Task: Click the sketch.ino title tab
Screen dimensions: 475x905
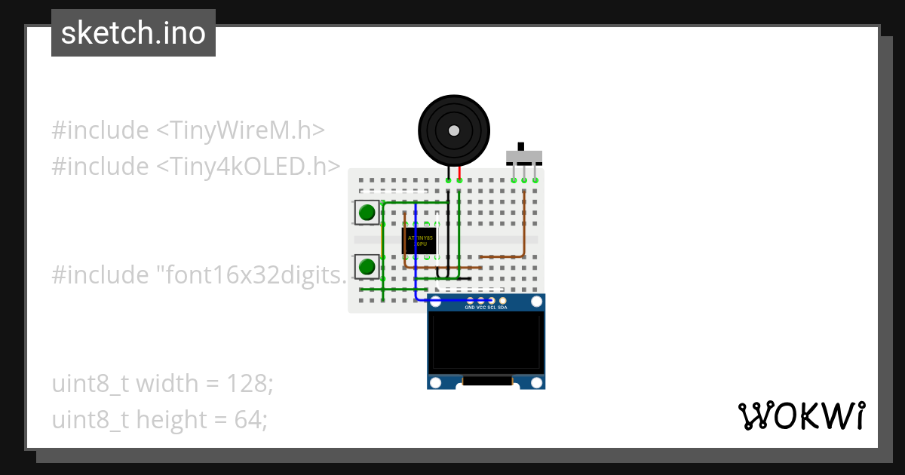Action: click(133, 33)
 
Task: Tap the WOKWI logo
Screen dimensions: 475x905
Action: click(801, 415)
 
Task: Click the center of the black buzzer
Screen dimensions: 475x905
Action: click(453, 130)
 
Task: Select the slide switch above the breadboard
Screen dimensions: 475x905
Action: click(523, 157)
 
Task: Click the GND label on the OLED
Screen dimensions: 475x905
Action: click(470, 308)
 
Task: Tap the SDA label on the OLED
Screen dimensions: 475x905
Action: click(503, 308)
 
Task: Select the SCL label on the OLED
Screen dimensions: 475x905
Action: click(492, 308)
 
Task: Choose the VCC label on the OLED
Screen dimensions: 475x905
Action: click(481, 308)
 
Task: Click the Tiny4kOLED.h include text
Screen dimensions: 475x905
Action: click(248, 166)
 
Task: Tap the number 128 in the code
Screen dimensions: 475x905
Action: click(246, 384)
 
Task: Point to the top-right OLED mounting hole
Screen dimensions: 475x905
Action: click(536, 302)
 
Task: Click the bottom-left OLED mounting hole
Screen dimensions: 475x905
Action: click(435, 382)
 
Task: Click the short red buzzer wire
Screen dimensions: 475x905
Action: click(459, 173)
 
